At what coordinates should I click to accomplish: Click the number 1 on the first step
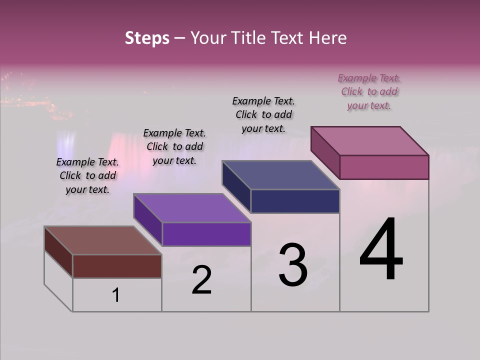(x=116, y=295)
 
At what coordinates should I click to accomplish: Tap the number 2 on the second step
(x=201, y=280)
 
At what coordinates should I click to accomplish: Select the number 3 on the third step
(x=293, y=265)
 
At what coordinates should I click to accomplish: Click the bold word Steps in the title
(x=147, y=38)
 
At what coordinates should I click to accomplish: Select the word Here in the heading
(x=328, y=38)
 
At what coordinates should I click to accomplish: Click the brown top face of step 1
(x=102, y=240)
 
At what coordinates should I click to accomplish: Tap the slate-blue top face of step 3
(x=281, y=175)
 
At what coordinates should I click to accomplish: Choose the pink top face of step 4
(x=370, y=141)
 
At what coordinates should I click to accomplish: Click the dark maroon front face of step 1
(x=117, y=266)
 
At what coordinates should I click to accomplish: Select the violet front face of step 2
(x=206, y=234)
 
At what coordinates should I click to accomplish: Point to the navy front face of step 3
(x=295, y=201)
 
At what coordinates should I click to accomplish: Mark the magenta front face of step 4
(x=384, y=167)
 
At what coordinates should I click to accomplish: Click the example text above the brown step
(x=87, y=176)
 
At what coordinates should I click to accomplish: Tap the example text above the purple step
(x=174, y=147)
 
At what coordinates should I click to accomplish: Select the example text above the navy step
(x=263, y=114)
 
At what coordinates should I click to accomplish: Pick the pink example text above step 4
(x=369, y=92)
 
